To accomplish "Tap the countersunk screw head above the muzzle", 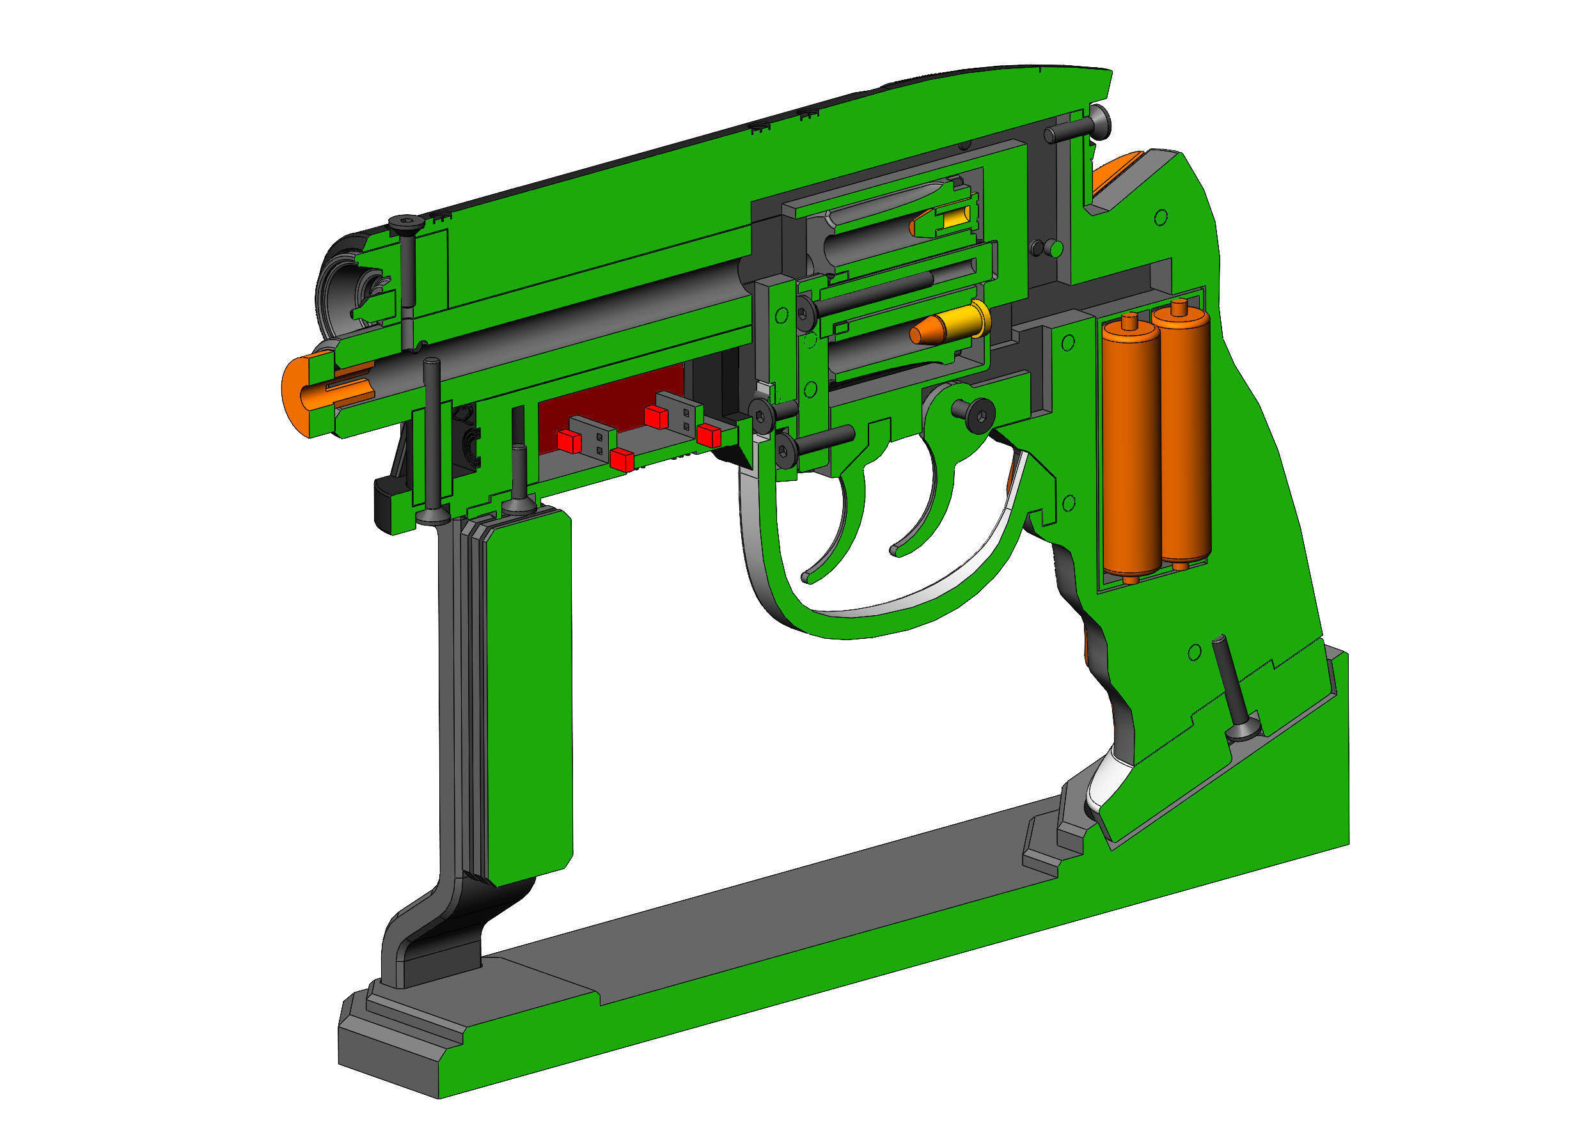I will (405, 223).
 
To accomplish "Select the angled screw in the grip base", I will (1233, 691).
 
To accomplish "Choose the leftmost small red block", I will (569, 441).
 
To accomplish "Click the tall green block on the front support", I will (528, 691).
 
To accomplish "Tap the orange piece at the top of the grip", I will (1113, 175).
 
